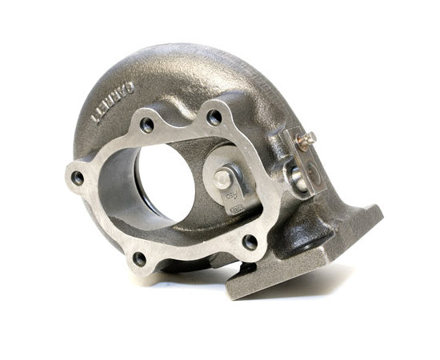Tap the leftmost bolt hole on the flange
(77, 178)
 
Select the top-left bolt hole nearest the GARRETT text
(146, 125)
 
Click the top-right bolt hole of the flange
(214, 117)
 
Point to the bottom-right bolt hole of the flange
(250, 241)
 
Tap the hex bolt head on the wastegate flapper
(223, 179)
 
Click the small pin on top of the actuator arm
(305, 140)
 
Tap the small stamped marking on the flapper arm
(237, 210)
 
